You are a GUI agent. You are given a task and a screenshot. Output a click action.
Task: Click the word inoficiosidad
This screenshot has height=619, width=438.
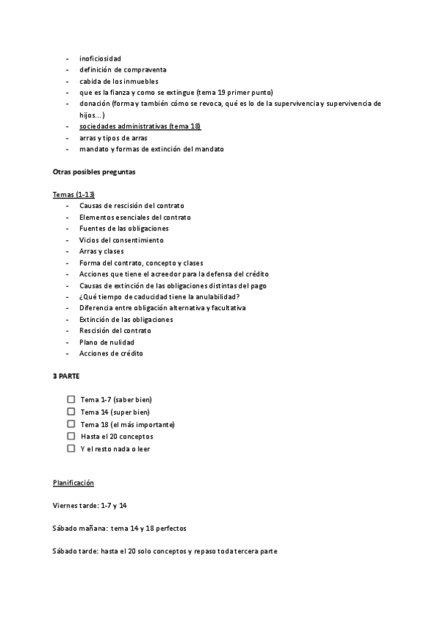point(100,58)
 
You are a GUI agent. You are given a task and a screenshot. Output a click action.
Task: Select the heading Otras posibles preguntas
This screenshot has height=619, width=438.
point(93,172)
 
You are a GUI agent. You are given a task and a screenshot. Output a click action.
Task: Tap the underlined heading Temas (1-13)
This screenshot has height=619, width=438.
point(74,195)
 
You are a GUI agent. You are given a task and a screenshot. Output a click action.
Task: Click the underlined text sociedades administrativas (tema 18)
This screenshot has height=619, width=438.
point(140,126)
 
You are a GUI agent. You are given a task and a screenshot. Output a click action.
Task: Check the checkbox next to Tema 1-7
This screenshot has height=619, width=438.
point(71,399)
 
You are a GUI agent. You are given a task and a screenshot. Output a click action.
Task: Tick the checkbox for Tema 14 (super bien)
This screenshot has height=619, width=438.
point(71,412)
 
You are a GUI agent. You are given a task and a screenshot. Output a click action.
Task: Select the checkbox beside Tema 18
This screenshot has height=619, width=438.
point(71,424)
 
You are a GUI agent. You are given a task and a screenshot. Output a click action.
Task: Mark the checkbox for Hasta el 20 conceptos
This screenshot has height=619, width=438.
point(71,437)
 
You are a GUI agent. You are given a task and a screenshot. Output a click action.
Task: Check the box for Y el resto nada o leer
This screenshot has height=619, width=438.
point(71,449)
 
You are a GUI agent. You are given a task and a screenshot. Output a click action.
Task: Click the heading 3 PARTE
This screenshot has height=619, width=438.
point(66,376)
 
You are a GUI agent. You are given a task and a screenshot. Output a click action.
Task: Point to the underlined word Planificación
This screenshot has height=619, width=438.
point(73,483)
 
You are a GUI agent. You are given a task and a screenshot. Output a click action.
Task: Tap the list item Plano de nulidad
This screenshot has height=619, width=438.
point(107,342)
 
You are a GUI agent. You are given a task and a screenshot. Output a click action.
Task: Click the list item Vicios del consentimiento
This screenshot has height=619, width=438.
point(121,240)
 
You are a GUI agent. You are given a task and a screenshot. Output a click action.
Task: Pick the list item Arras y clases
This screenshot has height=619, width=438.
point(101,251)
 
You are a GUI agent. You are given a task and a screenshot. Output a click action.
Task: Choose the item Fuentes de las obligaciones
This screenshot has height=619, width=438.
point(124,228)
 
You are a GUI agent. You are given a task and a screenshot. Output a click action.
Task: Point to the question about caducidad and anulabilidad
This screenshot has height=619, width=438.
point(159,296)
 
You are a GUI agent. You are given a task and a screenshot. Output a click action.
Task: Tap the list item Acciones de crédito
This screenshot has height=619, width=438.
point(111,353)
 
